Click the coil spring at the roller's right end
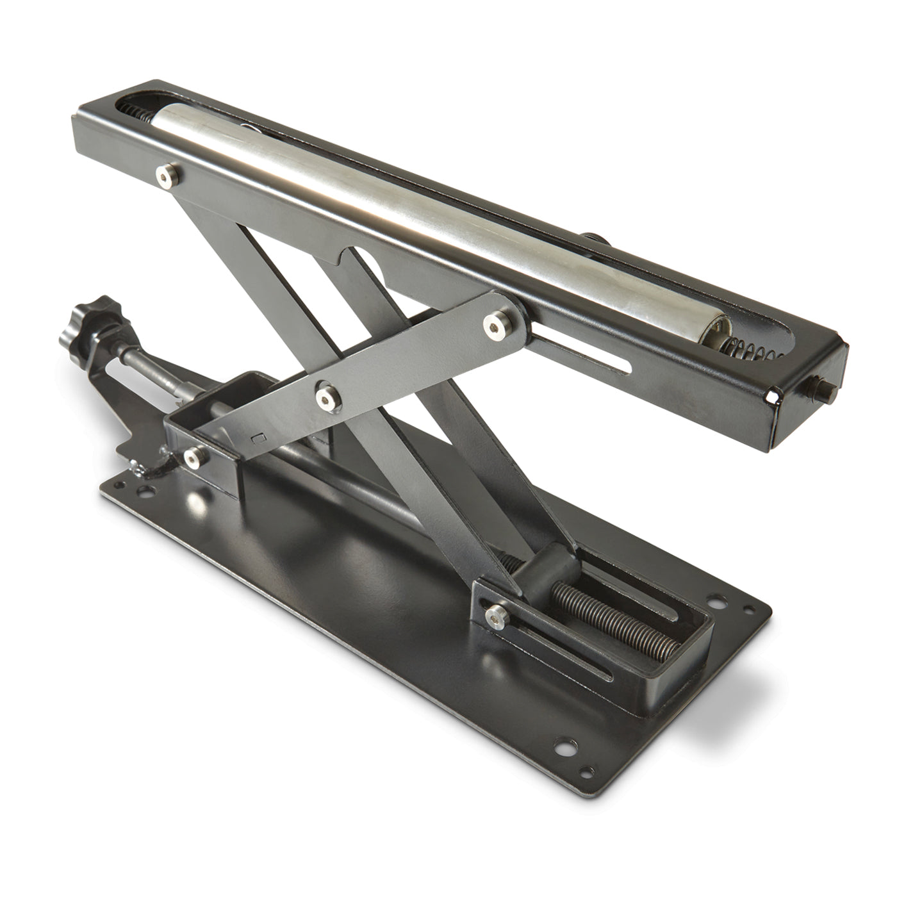(x=746, y=349)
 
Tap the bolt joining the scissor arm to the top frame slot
(x=495, y=325)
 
